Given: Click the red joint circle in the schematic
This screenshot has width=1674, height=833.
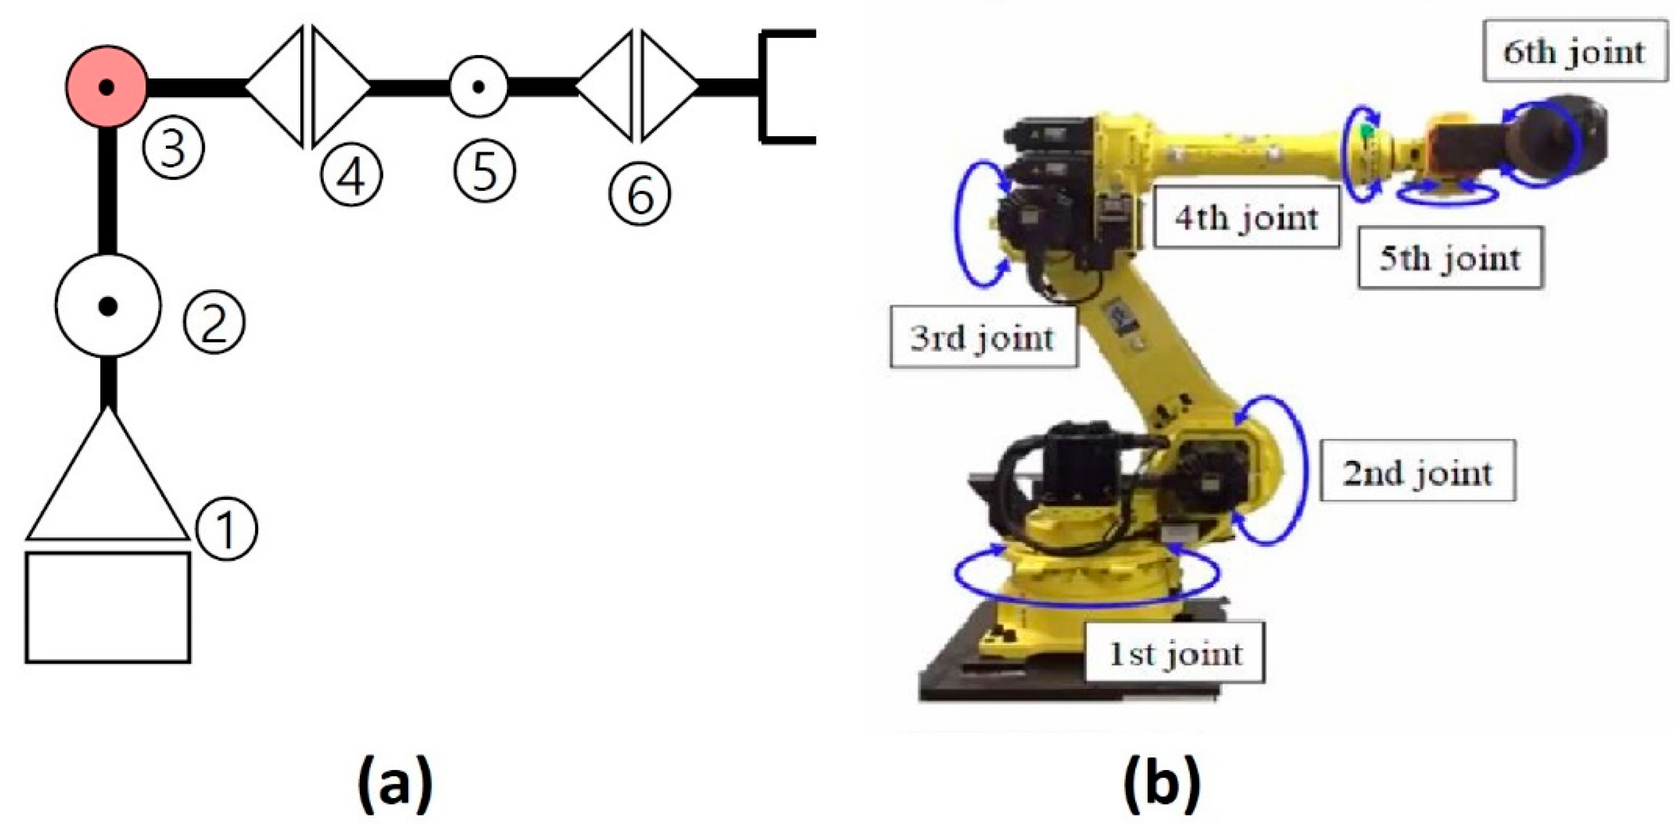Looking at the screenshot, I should (106, 86).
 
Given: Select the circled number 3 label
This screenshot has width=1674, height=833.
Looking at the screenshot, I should (173, 148).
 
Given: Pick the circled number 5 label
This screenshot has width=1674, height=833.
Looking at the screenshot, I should (484, 171).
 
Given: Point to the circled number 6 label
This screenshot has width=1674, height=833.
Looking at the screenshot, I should (640, 195).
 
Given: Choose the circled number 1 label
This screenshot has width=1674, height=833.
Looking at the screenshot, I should (226, 528).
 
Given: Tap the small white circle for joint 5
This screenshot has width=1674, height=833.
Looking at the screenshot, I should (478, 86).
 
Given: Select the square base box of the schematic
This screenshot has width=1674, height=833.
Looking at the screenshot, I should (108, 607).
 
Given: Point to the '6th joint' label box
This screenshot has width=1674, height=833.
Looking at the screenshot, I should (1574, 52).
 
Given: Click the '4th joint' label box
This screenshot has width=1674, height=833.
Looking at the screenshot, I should (1245, 217).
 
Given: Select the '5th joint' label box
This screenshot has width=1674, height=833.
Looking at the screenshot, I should (1450, 258).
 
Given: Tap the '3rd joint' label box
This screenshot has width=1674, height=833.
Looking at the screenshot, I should (982, 337).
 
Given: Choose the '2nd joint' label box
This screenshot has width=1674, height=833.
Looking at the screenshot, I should (1417, 471).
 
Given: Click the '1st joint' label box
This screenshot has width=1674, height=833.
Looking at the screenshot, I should (1175, 653).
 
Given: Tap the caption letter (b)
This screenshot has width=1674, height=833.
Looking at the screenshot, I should (1162, 784).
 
